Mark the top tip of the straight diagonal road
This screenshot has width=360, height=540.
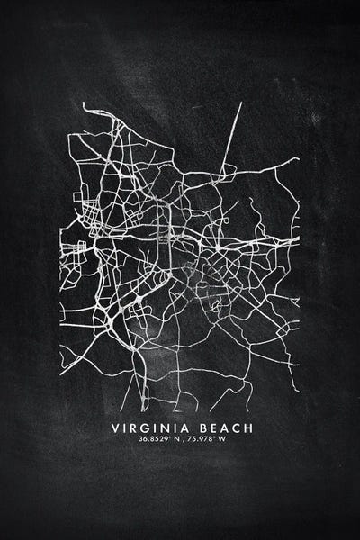(241, 103)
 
